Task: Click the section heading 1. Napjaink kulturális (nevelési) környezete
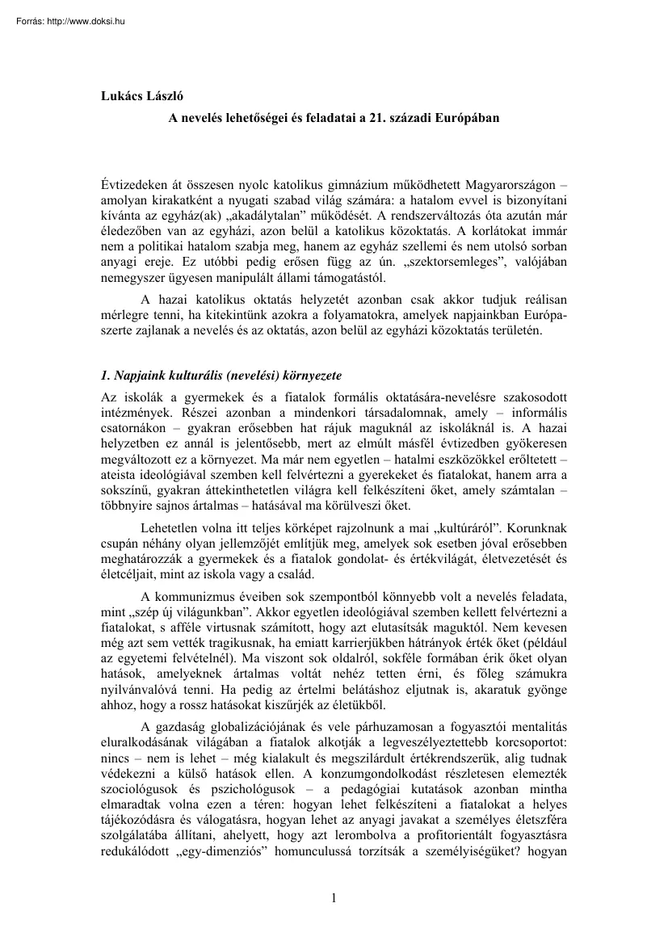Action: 221,376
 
